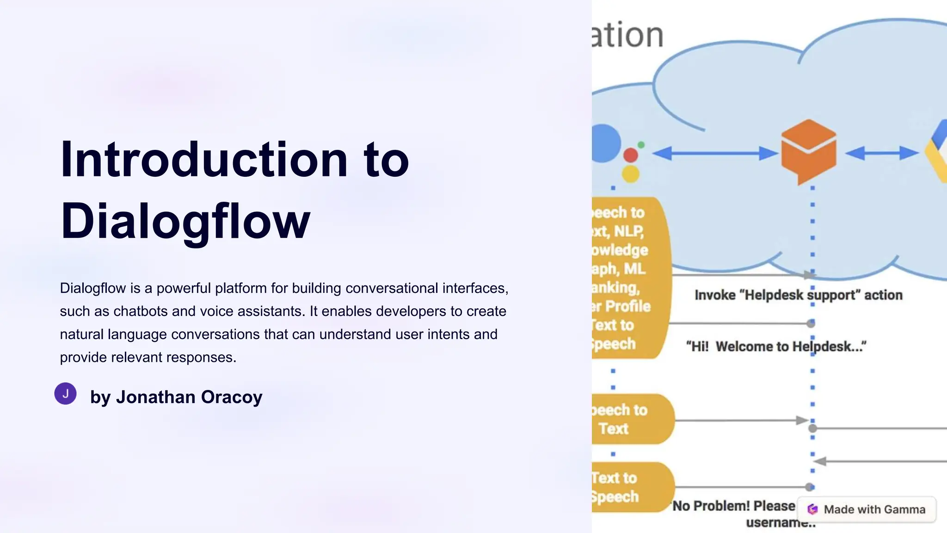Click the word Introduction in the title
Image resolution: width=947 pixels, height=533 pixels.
click(x=203, y=160)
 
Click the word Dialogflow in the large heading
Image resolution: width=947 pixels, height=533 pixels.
click(x=185, y=222)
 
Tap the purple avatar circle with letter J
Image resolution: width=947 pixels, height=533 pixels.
click(x=66, y=394)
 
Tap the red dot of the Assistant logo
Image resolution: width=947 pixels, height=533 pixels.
click(x=631, y=155)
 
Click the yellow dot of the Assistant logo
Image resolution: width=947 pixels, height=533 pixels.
click(x=630, y=174)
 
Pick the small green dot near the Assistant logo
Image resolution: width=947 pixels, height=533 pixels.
click(x=641, y=145)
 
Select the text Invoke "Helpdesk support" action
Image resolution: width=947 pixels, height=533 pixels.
click(x=798, y=295)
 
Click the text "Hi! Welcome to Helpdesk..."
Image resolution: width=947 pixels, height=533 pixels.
click(x=776, y=347)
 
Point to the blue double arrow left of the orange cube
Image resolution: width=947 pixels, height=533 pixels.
click(x=715, y=153)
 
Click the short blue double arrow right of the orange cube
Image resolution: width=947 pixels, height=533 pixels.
click(x=881, y=153)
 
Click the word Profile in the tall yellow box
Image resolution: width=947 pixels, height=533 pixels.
click(x=627, y=306)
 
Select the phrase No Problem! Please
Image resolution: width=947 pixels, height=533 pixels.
click(x=733, y=506)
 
